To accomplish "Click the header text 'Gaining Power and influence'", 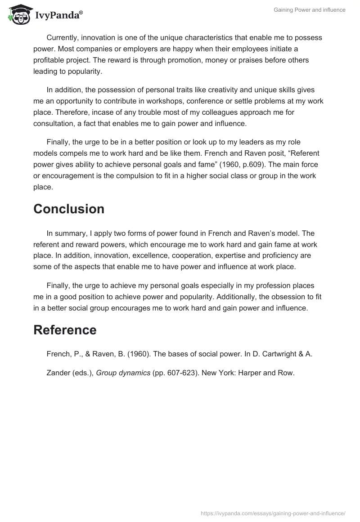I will [x=309, y=10].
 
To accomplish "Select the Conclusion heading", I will [x=69, y=209].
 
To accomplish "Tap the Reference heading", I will [x=65, y=330].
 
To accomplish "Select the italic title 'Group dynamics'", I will [x=123, y=373].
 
